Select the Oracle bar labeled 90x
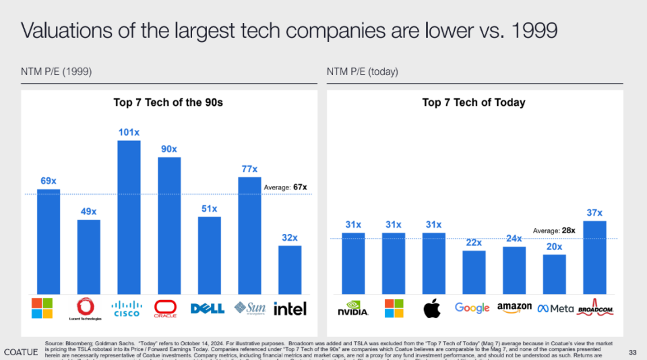tap(169, 225)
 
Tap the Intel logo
tap(290, 309)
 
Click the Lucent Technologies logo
tap(88, 308)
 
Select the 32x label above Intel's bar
tap(290, 237)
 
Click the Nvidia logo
tap(353, 309)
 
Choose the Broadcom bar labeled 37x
tap(594, 258)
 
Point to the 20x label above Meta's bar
tap(554, 247)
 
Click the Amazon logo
tap(514, 308)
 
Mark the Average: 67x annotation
tap(286, 187)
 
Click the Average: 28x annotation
tap(554, 231)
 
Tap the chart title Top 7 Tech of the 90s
tap(168, 102)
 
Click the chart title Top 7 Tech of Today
tap(474, 102)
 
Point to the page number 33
tap(632, 352)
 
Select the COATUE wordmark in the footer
tap(21, 352)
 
